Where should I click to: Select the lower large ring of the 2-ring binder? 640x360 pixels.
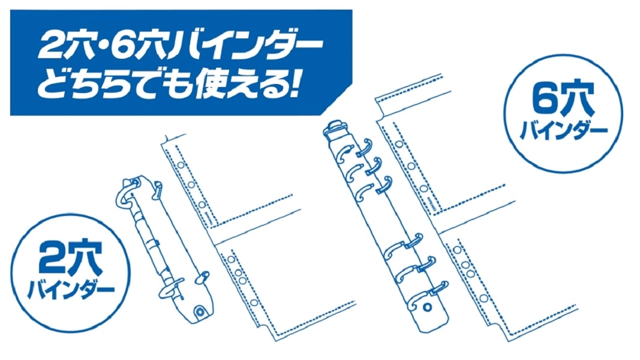pos(172,289)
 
